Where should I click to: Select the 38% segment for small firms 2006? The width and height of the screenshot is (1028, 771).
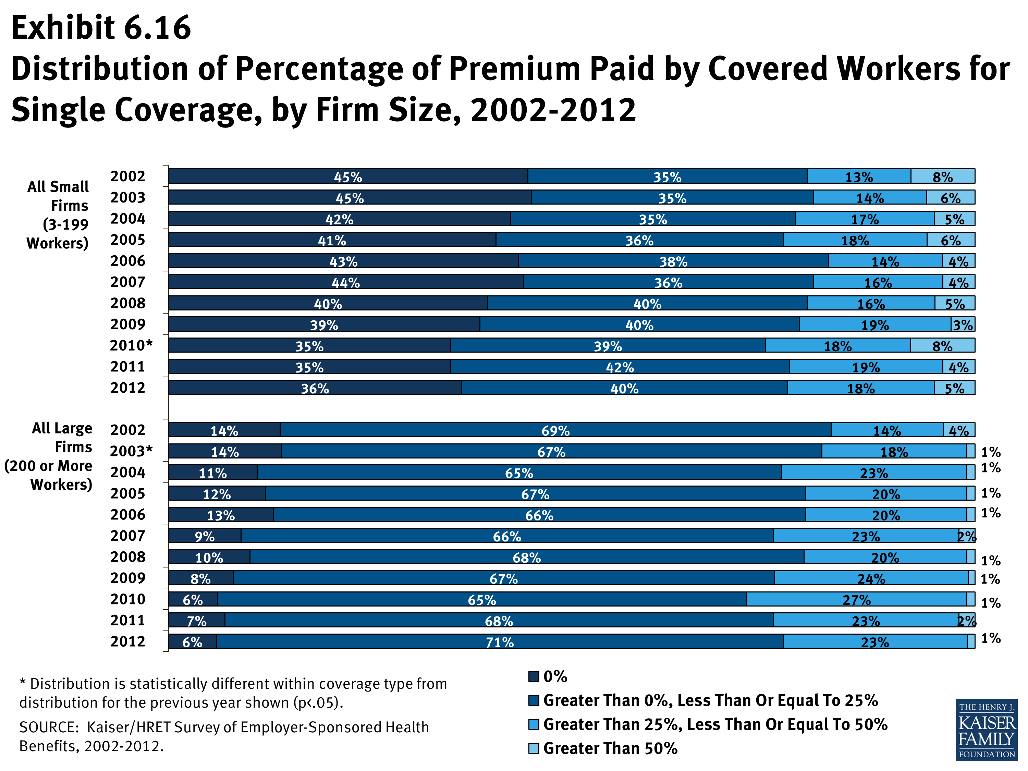673,261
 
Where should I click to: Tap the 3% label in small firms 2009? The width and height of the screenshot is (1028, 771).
963,325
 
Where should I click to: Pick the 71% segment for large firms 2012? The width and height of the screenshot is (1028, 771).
500,642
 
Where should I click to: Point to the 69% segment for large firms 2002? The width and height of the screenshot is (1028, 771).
555,430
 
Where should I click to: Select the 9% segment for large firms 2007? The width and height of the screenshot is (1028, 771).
205,536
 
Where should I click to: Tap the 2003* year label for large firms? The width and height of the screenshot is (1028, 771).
131,451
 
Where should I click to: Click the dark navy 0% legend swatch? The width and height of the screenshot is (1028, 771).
534,676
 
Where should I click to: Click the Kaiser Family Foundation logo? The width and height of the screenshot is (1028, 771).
986,730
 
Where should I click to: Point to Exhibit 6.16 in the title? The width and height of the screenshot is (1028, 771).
101,28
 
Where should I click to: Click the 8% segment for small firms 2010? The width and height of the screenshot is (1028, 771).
942,346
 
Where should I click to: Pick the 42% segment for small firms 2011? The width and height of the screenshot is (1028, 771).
620,367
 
